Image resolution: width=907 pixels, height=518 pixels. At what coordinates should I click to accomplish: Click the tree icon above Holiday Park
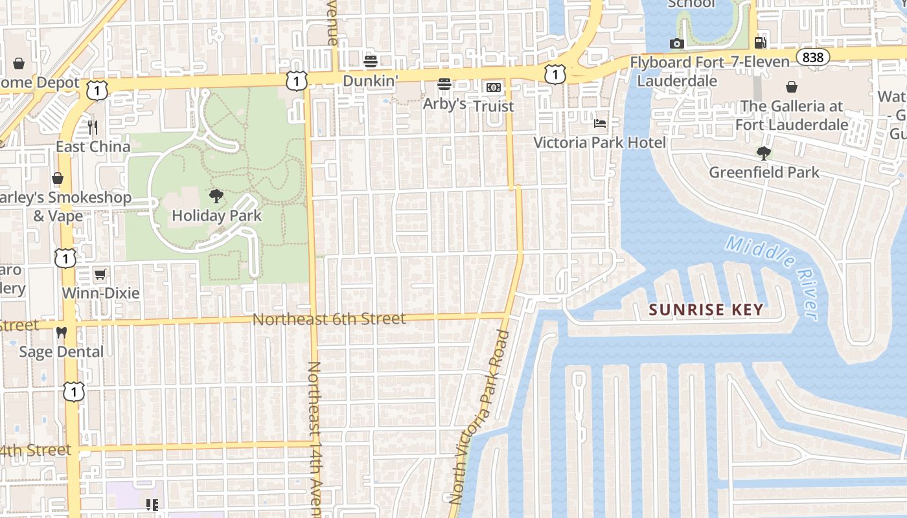click(216, 196)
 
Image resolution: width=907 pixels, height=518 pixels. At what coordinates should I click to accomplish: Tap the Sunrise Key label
click(706, 310)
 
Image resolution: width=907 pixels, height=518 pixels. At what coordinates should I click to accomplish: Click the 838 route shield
click(812, 58)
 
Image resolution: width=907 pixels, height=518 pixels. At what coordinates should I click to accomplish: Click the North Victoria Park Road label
click(479, 418)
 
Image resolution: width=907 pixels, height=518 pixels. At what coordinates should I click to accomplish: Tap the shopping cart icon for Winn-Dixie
click(100, 275)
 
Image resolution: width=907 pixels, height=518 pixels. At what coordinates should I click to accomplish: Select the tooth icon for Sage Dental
click(62, 333)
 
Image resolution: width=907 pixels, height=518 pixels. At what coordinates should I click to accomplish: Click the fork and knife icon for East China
click(93, 128)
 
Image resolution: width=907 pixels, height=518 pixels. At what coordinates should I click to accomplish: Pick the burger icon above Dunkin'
click(371, 62)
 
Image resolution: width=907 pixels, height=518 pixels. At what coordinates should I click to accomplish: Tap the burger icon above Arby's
click(444, 84)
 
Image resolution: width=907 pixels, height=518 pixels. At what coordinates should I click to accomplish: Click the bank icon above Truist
click(494, 87)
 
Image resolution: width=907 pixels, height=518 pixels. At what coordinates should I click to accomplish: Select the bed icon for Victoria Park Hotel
click(600, 123)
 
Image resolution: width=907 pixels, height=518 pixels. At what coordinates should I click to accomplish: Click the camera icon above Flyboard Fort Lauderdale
click(677, 43)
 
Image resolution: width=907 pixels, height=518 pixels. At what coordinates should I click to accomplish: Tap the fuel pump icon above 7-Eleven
click(760, 43)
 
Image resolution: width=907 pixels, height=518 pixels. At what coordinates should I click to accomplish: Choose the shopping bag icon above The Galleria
click(792, 87)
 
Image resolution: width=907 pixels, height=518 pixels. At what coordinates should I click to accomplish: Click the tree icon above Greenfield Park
click(764, 153)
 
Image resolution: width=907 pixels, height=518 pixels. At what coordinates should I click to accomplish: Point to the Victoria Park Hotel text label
click(599, 142)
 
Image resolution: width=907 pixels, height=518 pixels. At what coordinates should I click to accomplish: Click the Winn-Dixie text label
click(100, 293)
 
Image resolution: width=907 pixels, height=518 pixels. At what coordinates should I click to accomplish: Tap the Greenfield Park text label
click(764, 172)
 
